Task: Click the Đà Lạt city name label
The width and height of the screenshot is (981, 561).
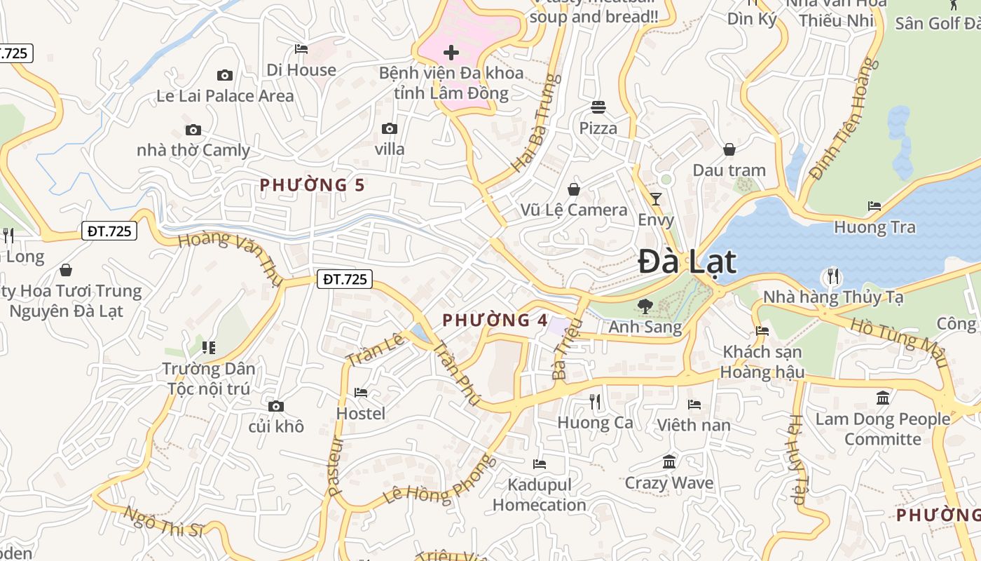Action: tap(687, 262)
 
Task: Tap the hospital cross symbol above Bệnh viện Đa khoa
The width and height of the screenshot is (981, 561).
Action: tap(451, 52)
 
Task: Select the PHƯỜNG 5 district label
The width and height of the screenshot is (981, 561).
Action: tap(313, 185)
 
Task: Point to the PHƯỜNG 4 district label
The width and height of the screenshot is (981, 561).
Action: tap(495, 320)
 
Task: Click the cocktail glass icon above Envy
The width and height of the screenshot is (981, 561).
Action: tap(655, 199)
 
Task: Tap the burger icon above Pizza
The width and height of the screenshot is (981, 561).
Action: tap(598, 107)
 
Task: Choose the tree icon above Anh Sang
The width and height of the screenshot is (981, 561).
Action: tap(645, 306)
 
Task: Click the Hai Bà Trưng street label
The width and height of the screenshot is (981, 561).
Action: tap(537, 123)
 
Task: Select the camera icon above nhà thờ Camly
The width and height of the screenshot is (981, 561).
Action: tap(193, 130)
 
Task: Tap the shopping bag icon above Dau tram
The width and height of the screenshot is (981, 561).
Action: tap(729, 149)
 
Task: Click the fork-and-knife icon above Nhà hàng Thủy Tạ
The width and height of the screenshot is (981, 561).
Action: tap(832, 276)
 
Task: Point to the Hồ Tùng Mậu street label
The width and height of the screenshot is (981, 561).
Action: tap(899, 343)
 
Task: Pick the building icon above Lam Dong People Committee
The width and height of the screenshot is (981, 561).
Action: tap(882, 398)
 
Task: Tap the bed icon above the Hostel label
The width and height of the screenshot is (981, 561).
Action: tap(361, 393)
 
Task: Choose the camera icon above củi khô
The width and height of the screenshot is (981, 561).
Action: tap(276, 406)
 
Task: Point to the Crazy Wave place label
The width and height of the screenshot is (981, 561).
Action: tap(668, 483)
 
